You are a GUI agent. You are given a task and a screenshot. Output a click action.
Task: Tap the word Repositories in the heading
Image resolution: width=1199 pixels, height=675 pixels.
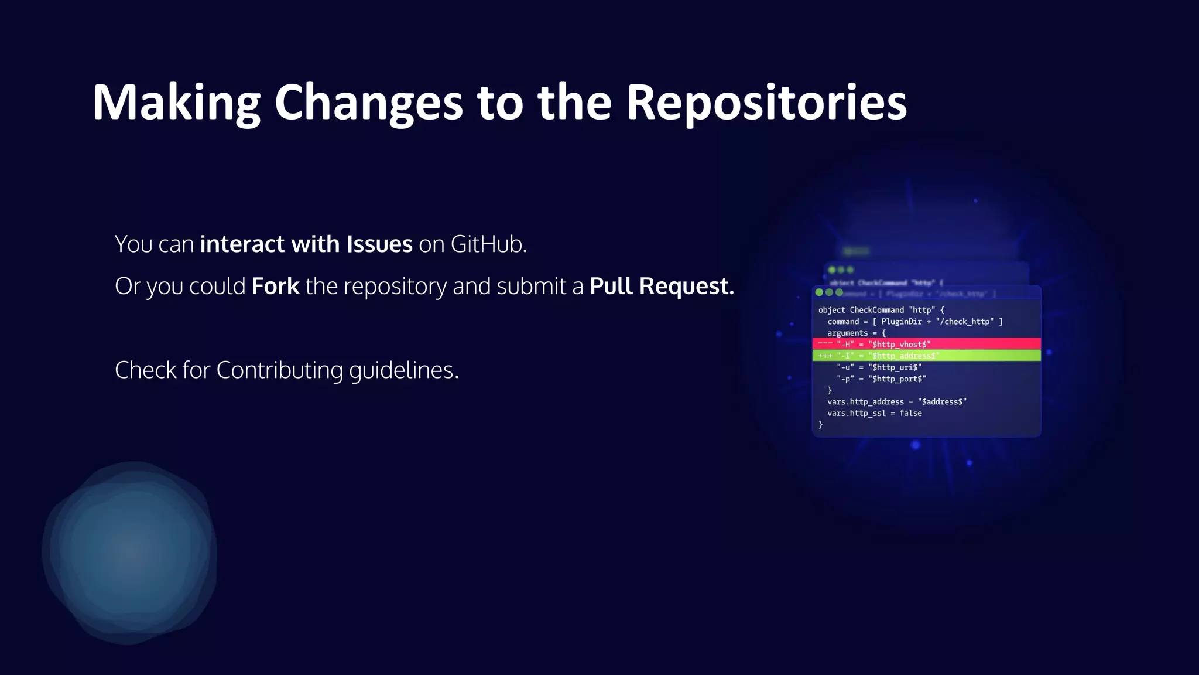pos(766,103)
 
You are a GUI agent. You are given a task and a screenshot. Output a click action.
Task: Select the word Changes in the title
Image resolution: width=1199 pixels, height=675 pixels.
pos(368,103)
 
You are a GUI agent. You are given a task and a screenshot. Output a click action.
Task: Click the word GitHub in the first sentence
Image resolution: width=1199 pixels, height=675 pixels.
pos(488,244)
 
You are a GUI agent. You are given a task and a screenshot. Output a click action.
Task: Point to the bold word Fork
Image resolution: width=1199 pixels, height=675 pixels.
pos(275,287)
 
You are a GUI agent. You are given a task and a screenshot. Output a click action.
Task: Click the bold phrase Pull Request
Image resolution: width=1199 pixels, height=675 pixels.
pos(662,287)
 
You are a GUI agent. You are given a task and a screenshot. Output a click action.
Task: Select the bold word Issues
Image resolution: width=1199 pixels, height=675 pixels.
pos(379,244)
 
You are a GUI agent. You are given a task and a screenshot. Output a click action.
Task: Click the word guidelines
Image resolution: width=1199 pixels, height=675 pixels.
pos(403,370)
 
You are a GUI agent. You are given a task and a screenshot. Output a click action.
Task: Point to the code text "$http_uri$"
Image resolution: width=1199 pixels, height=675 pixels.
pos(895,367)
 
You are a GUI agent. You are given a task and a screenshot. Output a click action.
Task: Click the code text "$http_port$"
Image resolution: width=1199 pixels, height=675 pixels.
pos(897,379)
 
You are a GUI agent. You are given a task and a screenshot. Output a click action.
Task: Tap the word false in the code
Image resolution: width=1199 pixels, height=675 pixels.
pos(910,413)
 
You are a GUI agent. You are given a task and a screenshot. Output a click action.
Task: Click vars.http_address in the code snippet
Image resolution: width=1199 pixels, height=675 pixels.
pos(865,402)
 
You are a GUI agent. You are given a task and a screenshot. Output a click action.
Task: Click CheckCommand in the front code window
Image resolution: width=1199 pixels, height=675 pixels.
pos(876,310)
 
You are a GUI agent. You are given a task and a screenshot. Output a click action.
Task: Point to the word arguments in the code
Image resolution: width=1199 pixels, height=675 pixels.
pos(847,333)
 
